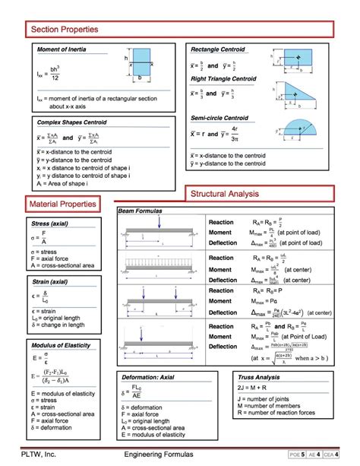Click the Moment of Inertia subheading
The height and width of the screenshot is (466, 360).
62,49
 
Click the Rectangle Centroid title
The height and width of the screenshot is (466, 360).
218,49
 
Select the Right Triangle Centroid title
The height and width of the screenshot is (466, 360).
223,79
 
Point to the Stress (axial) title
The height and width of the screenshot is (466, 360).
50,224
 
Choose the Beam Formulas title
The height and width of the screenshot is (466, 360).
141,210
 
